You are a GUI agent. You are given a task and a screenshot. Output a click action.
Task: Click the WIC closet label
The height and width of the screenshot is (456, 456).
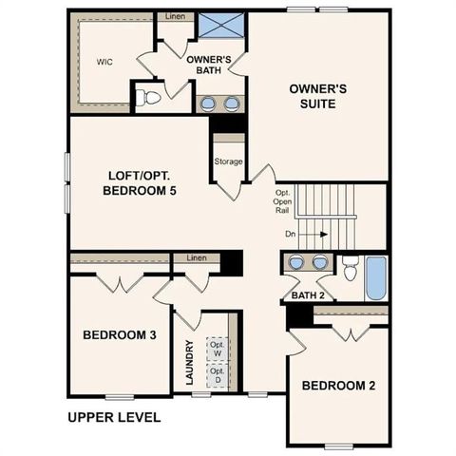tap(104, 62)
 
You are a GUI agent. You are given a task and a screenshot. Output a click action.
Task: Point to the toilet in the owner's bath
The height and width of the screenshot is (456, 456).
tap(149, 97)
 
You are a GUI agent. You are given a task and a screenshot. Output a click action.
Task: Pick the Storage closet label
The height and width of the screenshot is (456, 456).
tap(228, 161)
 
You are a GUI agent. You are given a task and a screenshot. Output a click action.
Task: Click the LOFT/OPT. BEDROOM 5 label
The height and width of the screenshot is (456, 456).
tap(140, 182)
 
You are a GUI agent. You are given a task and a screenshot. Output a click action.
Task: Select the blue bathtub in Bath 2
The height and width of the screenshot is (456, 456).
tap(375, 278)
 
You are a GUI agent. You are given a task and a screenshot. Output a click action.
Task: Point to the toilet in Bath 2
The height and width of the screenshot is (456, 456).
tap(350, 271)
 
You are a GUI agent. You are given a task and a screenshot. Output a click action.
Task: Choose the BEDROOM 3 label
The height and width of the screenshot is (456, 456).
tap(120, 335)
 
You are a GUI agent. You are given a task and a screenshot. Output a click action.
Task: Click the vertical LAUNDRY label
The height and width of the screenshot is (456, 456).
tap(189, 363)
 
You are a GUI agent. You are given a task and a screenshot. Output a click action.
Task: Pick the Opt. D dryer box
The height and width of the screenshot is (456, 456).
tap(217, 375)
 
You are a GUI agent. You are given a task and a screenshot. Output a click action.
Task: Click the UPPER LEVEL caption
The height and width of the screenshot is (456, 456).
tap(114, 417)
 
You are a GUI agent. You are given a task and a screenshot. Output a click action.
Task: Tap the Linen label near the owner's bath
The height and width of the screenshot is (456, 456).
tap(175, 16)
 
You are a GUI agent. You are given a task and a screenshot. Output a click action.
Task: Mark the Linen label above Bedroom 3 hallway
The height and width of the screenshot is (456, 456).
tap(197, 258)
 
